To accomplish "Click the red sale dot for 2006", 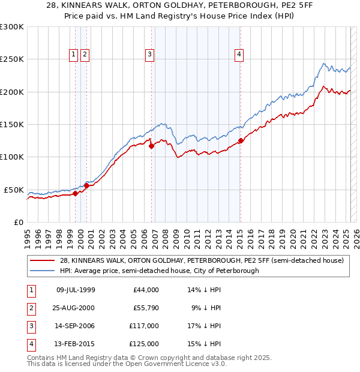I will [x=151, y=146].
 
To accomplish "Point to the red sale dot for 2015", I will [x=241, y=141].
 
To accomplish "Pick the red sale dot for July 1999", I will [x=75, y=193].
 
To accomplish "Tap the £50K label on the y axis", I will [x=14, y=190].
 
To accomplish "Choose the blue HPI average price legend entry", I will [x=159, y=271].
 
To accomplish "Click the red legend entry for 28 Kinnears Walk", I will [x=201, y=260].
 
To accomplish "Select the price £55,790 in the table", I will [x=146, y=308].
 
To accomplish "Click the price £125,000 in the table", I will [x=144, y=344].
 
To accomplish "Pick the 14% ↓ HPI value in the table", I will [x=205, y=290].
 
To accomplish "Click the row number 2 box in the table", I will [x=31, y=308].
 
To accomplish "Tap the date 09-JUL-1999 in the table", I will [x=75, y=290].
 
